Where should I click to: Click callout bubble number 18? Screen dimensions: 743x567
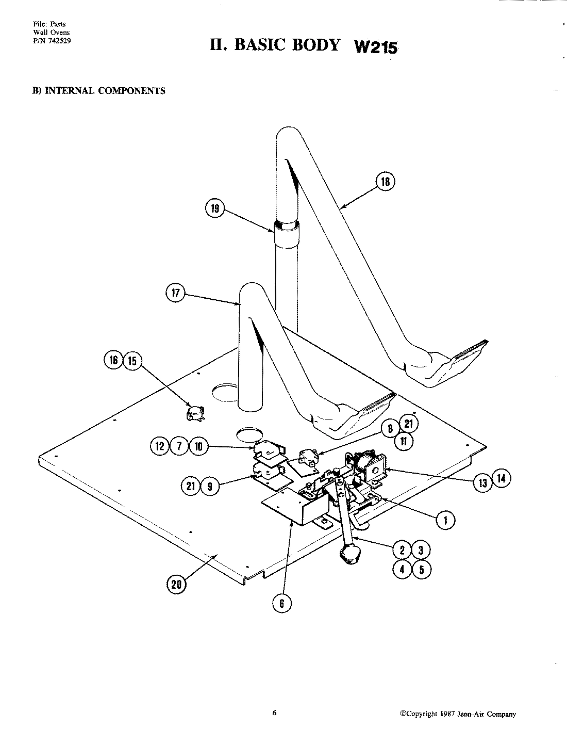386,182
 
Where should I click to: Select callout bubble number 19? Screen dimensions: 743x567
215,208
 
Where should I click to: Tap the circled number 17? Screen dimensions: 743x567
175,293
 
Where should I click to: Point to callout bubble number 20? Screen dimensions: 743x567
177,584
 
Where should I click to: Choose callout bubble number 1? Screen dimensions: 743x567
446,521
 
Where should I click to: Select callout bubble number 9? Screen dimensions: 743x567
209,486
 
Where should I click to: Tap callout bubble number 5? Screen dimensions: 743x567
421,570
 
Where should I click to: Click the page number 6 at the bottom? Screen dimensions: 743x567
274,714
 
